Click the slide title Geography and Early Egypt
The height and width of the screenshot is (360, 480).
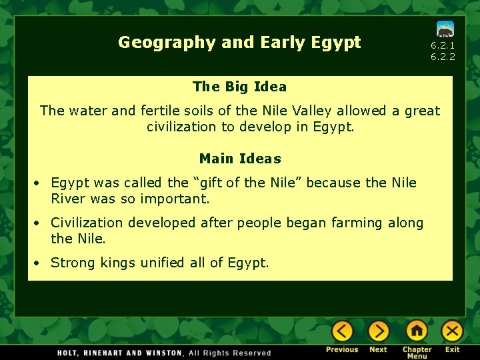pos(239,43)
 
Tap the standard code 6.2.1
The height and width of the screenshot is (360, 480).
pos(443,45)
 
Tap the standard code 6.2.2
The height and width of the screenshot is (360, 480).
pos(443,57)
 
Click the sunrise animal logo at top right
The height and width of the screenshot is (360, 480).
pos(445,29)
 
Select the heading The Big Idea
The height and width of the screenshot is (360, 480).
pos(239,87)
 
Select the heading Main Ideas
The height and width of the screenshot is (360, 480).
pos(240,159)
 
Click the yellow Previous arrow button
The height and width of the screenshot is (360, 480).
pos(342,331)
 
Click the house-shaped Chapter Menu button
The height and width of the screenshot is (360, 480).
pos(417,331)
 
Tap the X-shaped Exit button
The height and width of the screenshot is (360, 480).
pos(452,331)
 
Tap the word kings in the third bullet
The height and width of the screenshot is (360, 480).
pos(118,263)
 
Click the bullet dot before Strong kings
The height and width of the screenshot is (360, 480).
pos(40,263)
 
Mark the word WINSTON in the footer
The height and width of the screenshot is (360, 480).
pos(160,353)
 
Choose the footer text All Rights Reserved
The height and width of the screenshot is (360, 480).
pos(230,353)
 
